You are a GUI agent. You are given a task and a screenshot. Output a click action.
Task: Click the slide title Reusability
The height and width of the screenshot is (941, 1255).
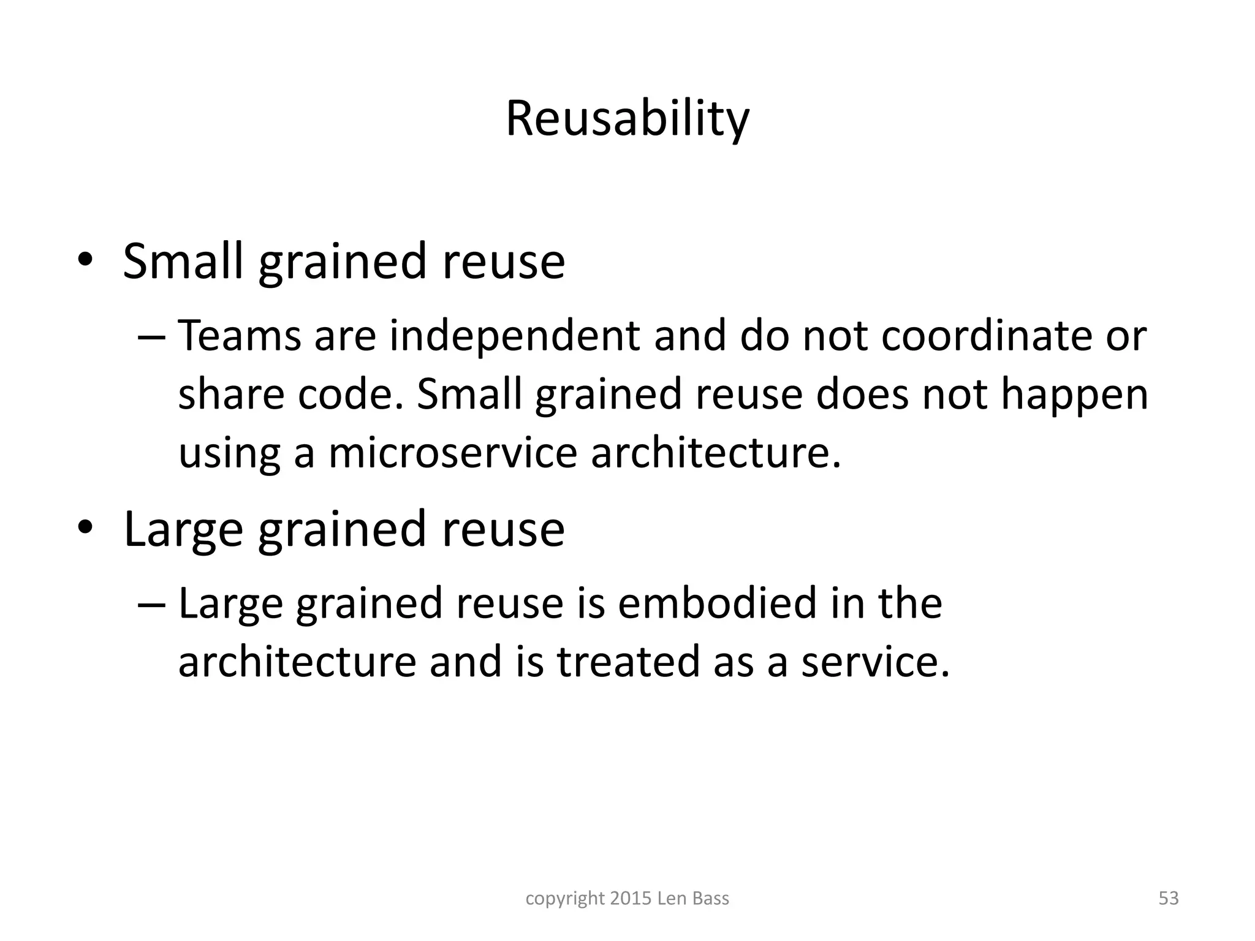pyautogui.click(x=627, y=119)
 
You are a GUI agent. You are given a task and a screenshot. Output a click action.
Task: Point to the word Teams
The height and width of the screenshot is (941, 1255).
pyautogui.click(x=240, y=336)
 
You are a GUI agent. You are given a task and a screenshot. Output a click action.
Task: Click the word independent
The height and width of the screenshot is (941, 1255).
pyautogui.click(x=515, y=336)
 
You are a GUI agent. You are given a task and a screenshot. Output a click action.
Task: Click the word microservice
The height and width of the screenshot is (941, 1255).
pyautogui.click(x=453, y=453)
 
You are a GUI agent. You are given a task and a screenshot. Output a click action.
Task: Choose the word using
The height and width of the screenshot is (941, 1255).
pyautogui.click(x=229, y=454)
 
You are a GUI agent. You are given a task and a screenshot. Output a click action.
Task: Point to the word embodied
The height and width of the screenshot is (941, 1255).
pyautogui.click(x=718, y=603)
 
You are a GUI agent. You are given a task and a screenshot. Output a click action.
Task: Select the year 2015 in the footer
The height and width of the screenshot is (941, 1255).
pyautogui.click(x=631, y=899)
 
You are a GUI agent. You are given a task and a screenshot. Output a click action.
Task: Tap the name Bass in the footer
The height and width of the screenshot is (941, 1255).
pyautogui.click(x=711, y=899)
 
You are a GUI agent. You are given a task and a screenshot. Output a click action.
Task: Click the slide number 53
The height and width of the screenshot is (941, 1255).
pyautogui.click(x=1169, y=899)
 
